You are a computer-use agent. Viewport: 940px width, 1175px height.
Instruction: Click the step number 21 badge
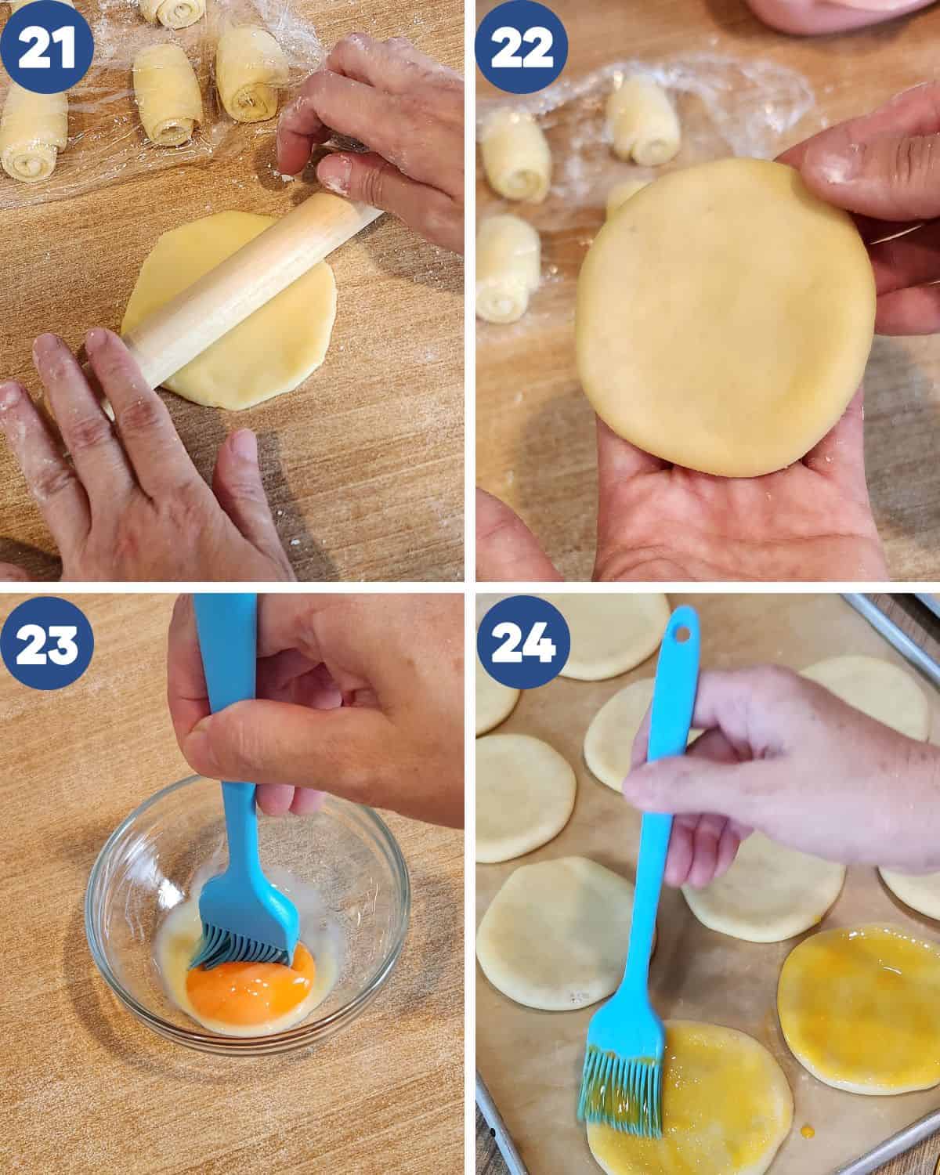point(46,46)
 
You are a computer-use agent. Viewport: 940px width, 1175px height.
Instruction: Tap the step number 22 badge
point(522,46)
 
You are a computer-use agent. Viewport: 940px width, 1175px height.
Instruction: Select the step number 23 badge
point(46,642)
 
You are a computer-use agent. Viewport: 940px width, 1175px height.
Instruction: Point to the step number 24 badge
point(522,642)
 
